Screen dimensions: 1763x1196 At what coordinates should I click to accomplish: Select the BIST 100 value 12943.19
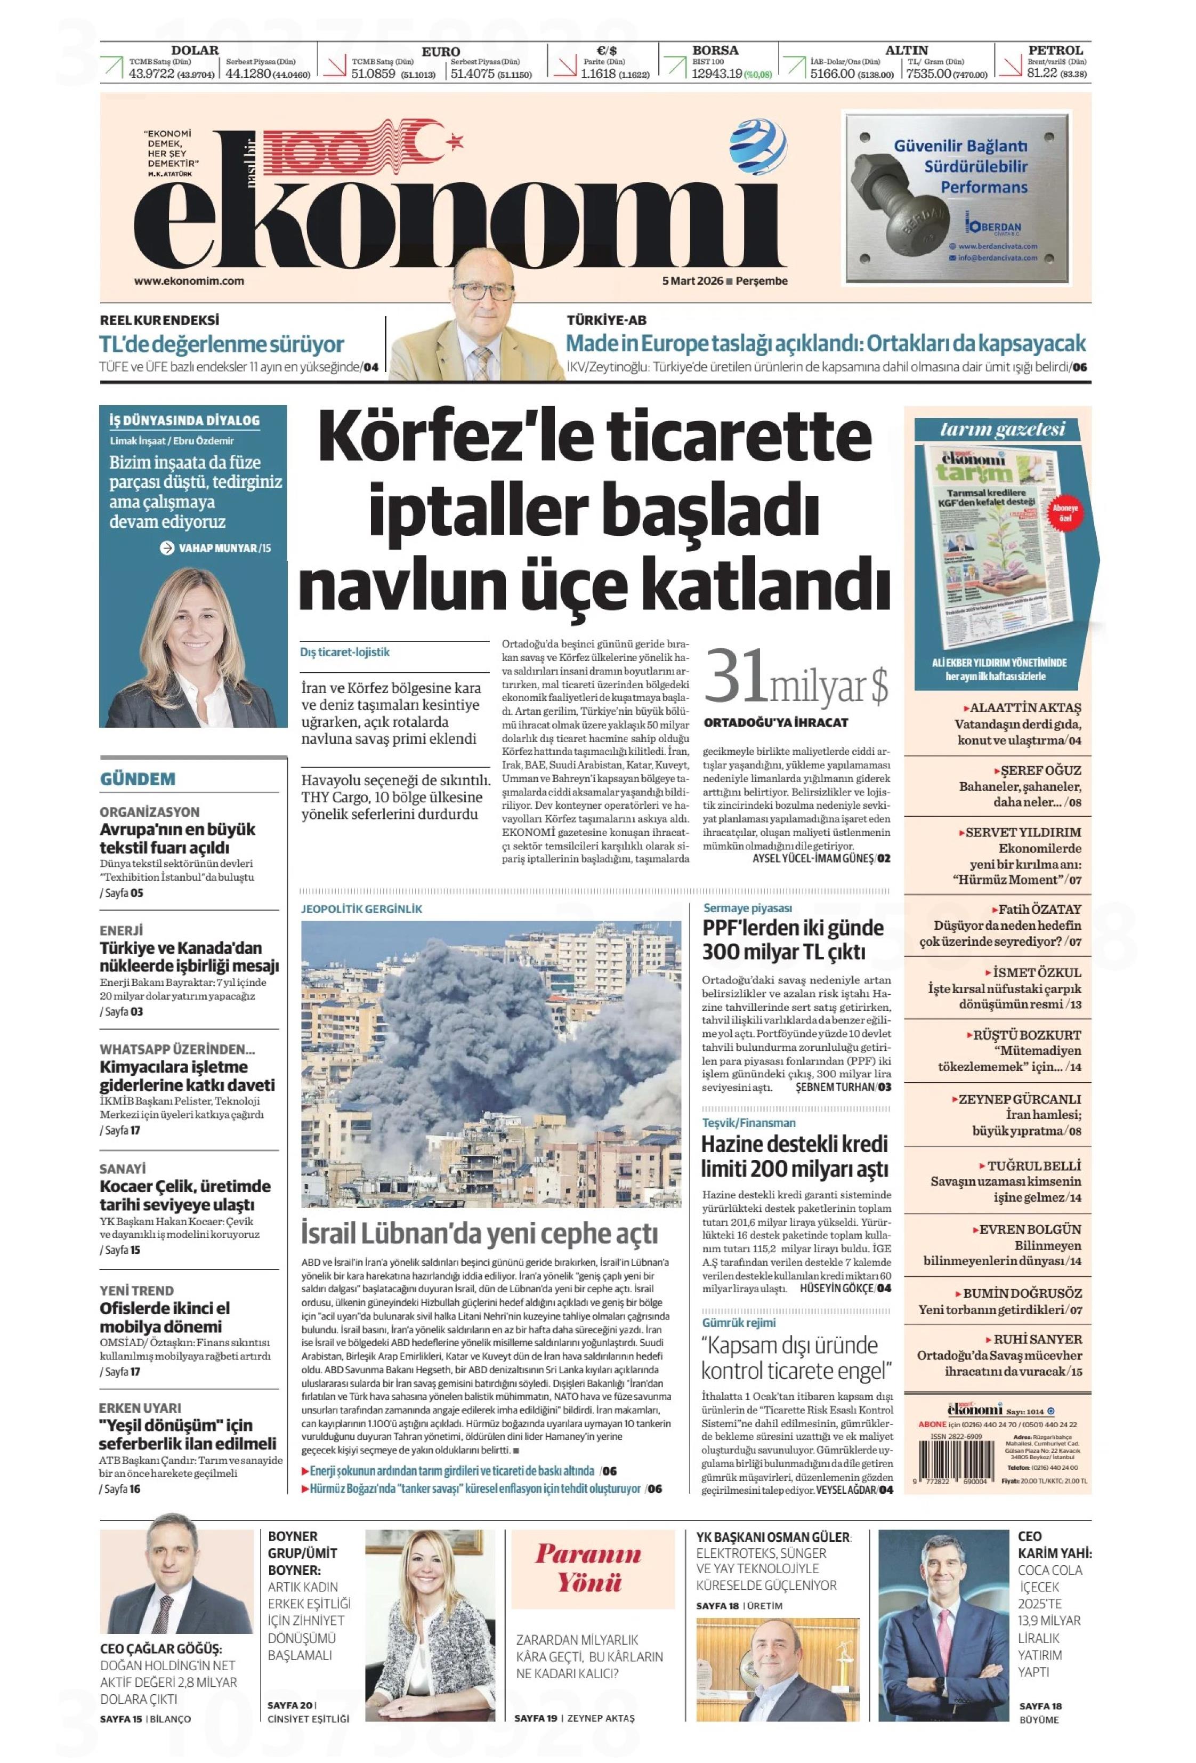(x=716, y=74)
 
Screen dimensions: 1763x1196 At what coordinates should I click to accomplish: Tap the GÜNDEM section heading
(x=138, y=779)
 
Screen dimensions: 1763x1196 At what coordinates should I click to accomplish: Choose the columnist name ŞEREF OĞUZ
(x=1040, y=770)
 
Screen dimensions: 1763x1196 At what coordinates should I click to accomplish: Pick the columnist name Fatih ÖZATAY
(x=1039, y=909)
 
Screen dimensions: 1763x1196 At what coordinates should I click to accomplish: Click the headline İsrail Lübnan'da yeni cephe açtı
(x=479, y=1234)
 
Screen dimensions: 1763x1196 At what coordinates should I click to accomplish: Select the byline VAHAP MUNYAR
(x=217, y=548)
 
